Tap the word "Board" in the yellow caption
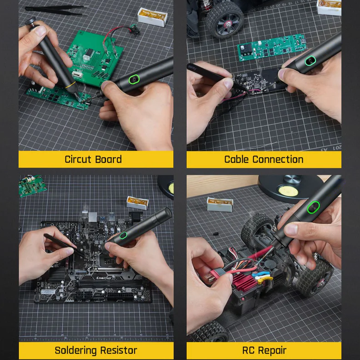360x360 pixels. [x=108, y=159]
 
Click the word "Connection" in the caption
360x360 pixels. [x=278, y=159]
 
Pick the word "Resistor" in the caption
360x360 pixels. [x=119, y=350]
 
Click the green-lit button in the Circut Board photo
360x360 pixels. [x=134, y=79]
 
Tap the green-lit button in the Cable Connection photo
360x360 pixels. [x=310, y=61]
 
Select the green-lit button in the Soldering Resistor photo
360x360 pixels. [x=123, y=235]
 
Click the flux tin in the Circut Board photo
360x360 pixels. [x=152, y=17]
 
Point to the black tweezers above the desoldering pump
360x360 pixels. [x=57, y=10]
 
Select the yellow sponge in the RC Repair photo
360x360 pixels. [x=287, y=190]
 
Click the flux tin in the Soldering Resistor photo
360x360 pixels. [x=137, y=202]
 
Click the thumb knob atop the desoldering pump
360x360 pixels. [x=30, y=21]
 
